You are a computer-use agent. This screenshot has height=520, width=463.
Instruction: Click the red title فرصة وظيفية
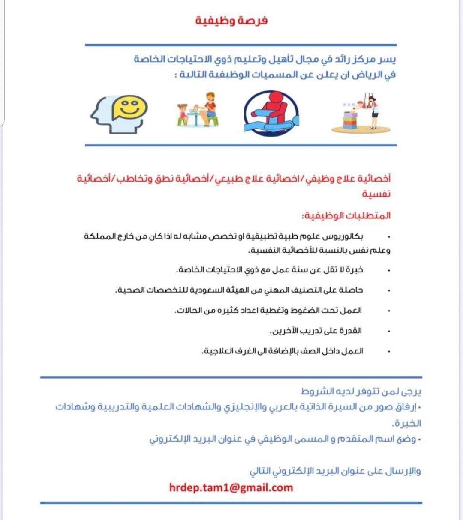pyautogui.click(x=231, y=21)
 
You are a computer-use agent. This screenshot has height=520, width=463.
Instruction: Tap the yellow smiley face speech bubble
pyautogui.click(x=130, y=108)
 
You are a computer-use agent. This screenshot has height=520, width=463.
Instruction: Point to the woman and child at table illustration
pyautogui.click(x=198, y=110)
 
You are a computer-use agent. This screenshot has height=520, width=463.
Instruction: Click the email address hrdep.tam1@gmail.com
pyautogui.click(x=231, y=487)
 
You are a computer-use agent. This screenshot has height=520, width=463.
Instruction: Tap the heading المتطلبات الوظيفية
pyautogui.click(x=346, y=215)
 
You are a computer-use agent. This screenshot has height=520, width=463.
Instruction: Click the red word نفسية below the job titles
pyautogui.click(x=376, y=194)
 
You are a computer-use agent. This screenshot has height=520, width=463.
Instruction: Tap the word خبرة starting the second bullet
pyautogui.click(x=354, y=270)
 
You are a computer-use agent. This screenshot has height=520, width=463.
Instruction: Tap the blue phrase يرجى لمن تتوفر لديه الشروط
pyautogui.click(x=361, y=391)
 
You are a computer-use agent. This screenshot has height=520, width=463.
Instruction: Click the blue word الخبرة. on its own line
pyautogui.click(x=406, y=423)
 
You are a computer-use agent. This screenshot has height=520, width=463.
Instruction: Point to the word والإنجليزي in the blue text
pyautogui.click(x=243, y=406)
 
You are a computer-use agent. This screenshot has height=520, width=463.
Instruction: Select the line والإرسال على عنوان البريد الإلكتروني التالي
pyautogui.click(x=335, y=471)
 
